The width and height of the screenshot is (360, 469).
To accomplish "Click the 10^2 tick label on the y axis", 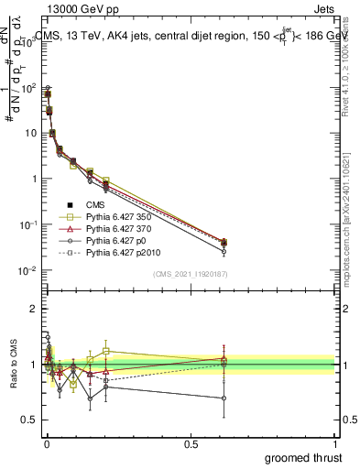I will coord(29,88).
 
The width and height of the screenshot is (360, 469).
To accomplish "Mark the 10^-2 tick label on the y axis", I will coord(29,270).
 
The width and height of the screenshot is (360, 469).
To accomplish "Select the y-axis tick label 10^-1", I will coord(29,225).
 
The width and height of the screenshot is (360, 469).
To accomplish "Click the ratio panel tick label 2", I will coord(33,309).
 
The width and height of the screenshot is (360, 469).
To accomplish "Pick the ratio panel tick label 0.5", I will coord(29,420).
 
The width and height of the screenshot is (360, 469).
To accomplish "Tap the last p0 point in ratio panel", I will coord(224,398).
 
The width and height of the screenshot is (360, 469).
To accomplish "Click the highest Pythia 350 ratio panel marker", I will coord(106,351).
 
